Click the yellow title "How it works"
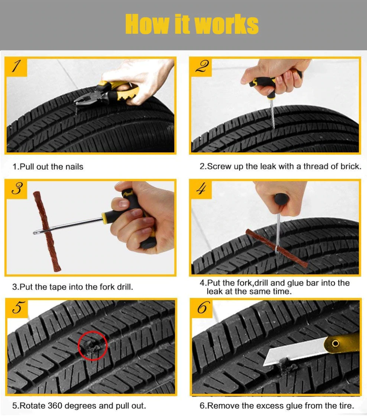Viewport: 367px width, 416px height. point(192,24)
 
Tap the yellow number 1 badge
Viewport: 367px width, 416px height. point(16,67)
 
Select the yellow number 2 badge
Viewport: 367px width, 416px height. point(201,67)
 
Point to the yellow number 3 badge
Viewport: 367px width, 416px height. point(16,189)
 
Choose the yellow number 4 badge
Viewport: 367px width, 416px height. point(201,189)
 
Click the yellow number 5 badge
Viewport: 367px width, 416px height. point(17,308)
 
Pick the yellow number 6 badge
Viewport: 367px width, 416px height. point(202,308)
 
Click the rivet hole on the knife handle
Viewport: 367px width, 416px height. point(335,344)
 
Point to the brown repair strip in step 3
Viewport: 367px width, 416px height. point(46,231)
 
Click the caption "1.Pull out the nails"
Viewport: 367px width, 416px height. point(48,167)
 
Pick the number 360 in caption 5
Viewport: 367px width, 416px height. point(55,406)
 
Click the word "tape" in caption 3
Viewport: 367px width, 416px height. point(57,287)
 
